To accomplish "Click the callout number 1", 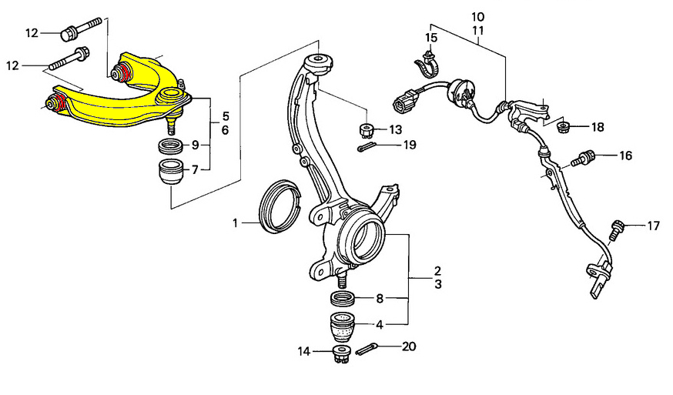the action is tap(235, 223).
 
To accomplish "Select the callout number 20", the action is tap(409, 346).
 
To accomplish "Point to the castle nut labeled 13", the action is tap(366, 129).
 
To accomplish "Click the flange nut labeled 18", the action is tap(564, 127).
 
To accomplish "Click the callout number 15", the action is tap(431, 38).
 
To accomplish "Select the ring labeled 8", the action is tap(343, 298).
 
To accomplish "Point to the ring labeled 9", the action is tap(171, 147).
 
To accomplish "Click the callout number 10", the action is tap(477, 17).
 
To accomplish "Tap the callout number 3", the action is tap(438, 285).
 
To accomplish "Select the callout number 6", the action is tap(226, 129).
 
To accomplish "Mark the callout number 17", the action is tap(653, 226).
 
